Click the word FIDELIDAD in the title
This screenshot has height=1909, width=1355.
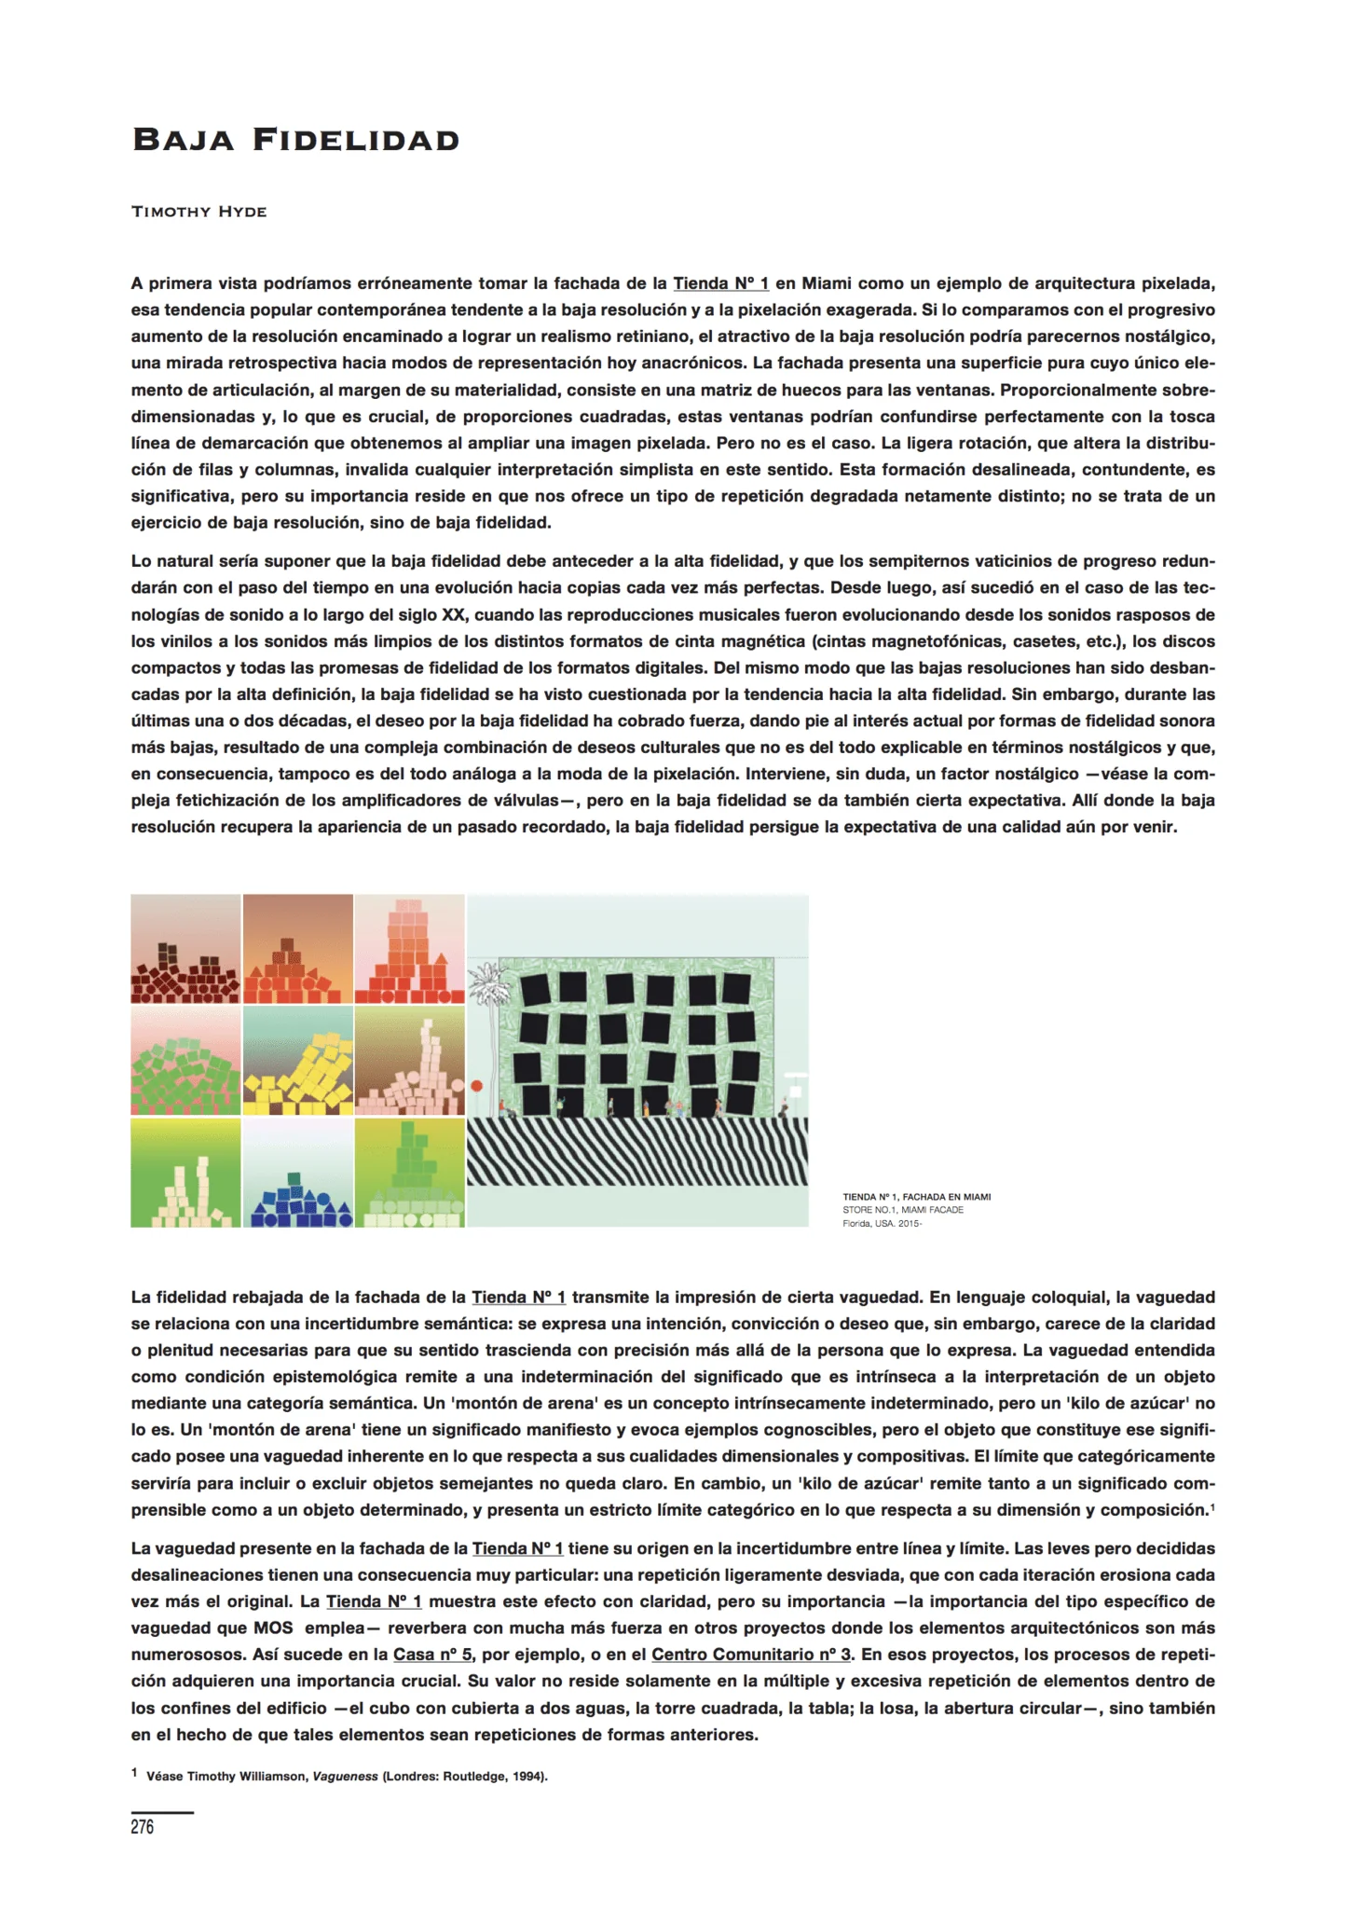(356, 140)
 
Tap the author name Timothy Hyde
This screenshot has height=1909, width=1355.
(199, 212)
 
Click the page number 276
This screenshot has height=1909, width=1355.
(143, 1827)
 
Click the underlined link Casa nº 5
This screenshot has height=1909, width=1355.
(432, 1655)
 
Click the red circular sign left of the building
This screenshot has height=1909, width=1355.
(477, 1086)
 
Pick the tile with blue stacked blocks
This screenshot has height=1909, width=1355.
(298, 1173)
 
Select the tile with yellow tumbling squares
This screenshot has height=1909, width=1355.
(298, 1061)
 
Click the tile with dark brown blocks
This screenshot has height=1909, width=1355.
(186, 949)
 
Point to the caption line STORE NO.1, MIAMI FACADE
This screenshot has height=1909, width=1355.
(903, 1210)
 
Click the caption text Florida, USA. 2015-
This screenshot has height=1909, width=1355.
(882, 1224)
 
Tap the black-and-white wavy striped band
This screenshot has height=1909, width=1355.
(637, 1151)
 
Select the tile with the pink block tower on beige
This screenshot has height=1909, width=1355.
(410, 1061)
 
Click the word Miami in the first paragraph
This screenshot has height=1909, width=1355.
(826, 283)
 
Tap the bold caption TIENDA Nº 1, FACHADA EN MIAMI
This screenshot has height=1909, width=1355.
(916, 1197)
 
